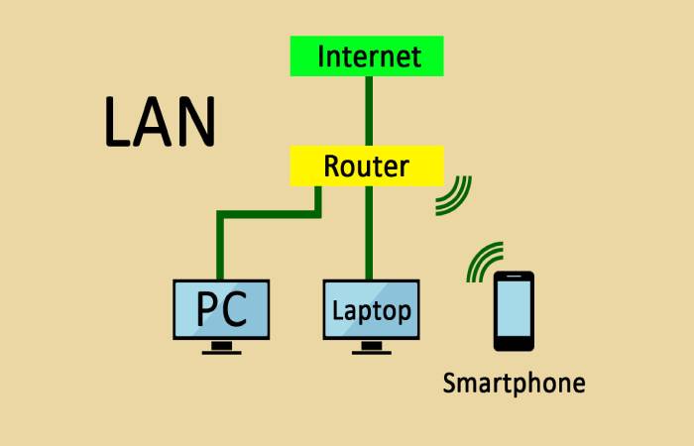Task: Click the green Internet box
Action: pos(367,56)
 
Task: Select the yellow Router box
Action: pos(367,166)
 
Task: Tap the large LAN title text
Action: pos(161,122)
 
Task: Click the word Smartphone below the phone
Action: pos(514,384)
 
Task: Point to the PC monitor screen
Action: pos(221,309)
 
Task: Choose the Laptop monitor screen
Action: pos(372,309)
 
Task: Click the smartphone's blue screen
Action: pos(514,308)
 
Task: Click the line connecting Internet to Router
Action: pos(369,111)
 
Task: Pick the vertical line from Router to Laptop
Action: pos(369,233)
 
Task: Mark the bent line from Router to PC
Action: pos(269,215)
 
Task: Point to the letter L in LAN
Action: pos(117,122)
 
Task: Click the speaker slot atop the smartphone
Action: pos(514,277)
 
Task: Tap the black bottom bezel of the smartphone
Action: pos(514,344)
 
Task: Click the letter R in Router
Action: pos(332,166)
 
